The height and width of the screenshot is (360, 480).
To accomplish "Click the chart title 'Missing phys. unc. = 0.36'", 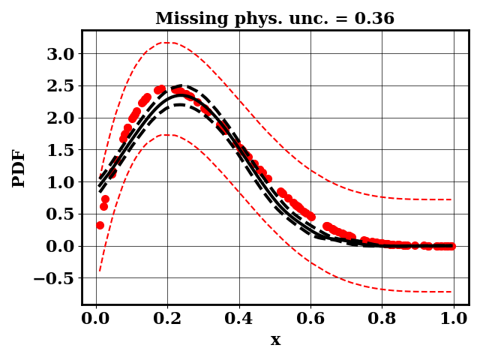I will pyautogui.click(x=274, y=19).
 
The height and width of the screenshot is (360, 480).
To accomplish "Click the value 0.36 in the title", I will pyautogui.click(x=375, y=19).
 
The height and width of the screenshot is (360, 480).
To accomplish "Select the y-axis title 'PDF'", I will pyautogui.click(x=19, y=168).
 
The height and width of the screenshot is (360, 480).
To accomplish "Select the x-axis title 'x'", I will pyautogui.click(x=275, y=340).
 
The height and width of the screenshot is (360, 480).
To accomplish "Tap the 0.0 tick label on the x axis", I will pyautogui.click(x=96, y=318).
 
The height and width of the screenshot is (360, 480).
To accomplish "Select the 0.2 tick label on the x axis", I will pyautogui.click(x=167, y=318).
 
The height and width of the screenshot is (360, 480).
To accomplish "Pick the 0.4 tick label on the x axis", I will pyautogui.click(x=239, y=318).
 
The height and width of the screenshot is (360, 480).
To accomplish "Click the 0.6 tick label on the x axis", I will pyautogui.click(x=310, y=318).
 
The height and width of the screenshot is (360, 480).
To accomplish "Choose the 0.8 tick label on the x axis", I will pyautogui.click(x=382, y=318).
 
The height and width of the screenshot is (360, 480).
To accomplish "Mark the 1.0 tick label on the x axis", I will pyautogui.click(x=454, y=318).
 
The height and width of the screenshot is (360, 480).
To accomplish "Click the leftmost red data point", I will pyautogui.click(x=100, y=225).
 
